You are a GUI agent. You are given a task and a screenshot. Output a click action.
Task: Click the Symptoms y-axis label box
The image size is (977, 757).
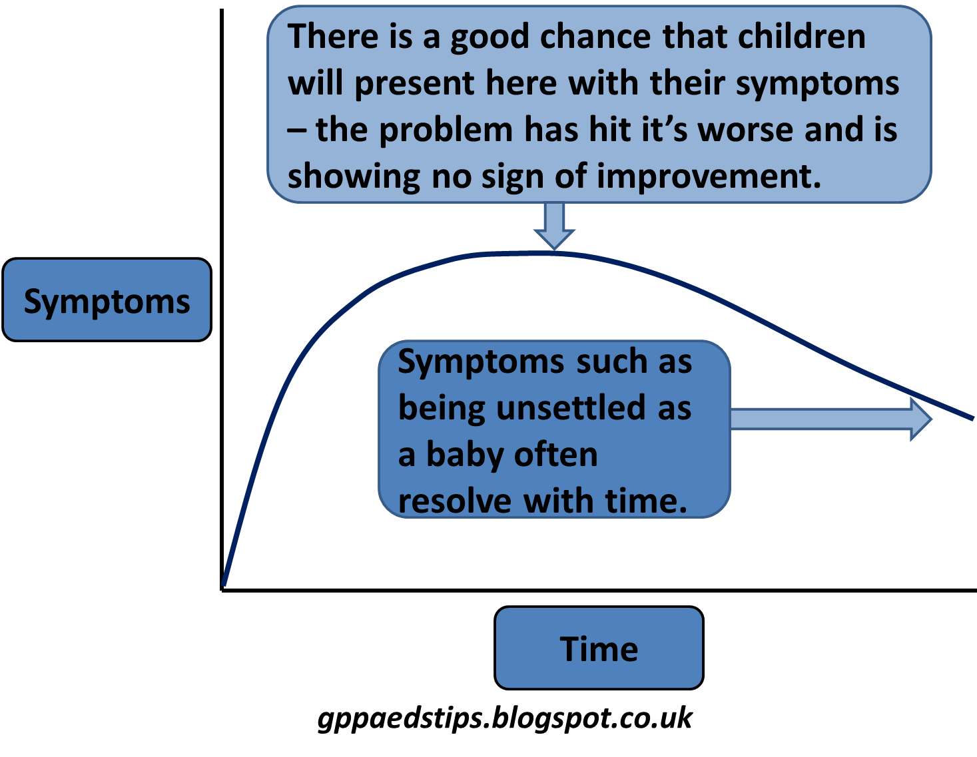tap(107, 301)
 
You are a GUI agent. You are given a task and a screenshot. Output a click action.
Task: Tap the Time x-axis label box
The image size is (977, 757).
tap(599, 648)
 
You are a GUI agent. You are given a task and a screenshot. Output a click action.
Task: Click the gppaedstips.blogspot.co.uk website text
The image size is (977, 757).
tap(505, 718)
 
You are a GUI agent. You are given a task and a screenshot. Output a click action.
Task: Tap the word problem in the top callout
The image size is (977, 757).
tap(446, 130)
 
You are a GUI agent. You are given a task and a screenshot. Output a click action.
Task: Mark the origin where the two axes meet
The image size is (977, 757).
tap(222, 589)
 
